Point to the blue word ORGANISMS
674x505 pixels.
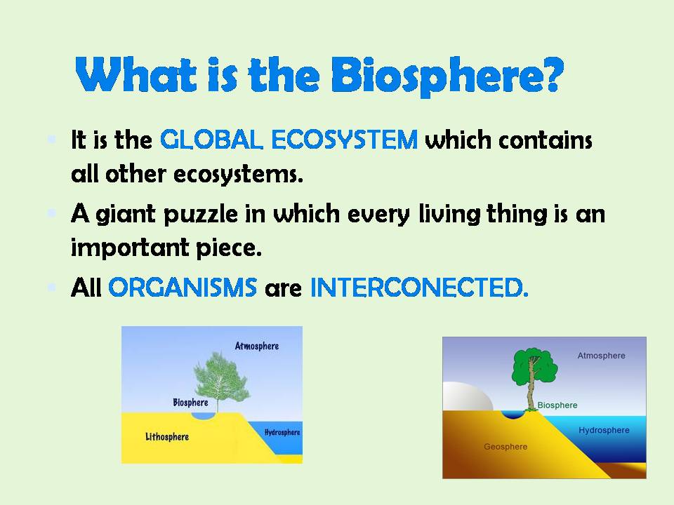pos(183,288)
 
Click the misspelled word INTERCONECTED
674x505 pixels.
pos(418,288)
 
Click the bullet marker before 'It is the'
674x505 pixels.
pos(51,137)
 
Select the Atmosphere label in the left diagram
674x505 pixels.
pos(256,346)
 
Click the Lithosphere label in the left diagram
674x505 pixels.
pos(166,437)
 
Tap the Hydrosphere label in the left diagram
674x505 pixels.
pos(282,432)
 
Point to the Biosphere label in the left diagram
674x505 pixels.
pos(190,403)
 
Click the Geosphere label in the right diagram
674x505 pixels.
pos(505,447)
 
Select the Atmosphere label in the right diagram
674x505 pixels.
pos(600,356)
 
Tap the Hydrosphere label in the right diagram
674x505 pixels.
pos(604,430)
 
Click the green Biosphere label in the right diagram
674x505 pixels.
pos(557,405)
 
